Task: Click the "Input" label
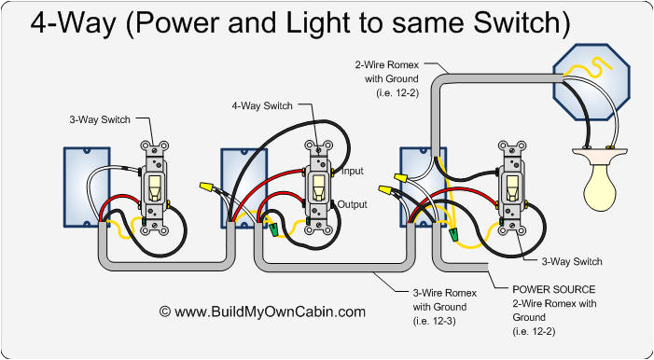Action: tap(352, 171)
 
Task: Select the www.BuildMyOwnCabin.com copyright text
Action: tap(263, 312)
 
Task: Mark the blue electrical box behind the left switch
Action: tap(80, 187)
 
